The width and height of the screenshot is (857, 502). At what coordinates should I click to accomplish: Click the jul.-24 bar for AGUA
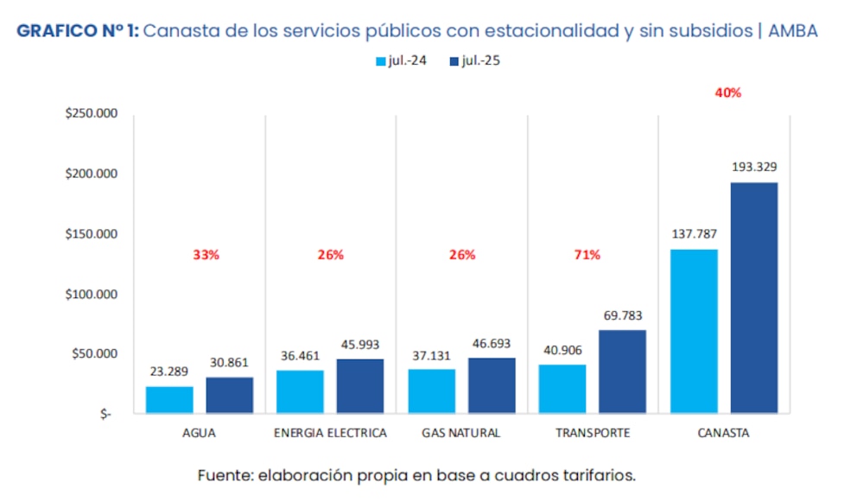point(169,399)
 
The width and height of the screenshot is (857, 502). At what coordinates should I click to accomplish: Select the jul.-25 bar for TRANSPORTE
point(622,372)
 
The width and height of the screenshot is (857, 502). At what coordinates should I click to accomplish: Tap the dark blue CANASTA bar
point(753,297)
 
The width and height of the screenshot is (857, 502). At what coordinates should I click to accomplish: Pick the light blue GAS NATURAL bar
point(431,391)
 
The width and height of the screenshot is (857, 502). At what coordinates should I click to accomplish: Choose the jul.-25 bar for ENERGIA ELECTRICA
point(360,385)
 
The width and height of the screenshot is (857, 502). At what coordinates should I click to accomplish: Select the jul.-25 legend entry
point(474,61)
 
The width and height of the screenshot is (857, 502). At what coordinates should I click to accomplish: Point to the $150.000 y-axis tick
point(92,234)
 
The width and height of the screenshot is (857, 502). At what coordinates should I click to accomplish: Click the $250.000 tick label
point(92,114)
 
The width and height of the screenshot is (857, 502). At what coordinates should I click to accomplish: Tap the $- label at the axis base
point(105,414)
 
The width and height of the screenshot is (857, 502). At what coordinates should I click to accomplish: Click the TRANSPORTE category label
point(592,433)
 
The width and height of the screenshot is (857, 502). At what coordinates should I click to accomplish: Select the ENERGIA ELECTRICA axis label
point(330,433)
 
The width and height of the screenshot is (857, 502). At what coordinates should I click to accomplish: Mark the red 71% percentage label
point(587,255)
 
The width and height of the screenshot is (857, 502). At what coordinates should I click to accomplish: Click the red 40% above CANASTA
point(727,92)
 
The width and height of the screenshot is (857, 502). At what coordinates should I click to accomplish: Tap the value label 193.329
point(754,167)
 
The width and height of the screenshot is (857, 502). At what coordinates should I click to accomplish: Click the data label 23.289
point(168,372)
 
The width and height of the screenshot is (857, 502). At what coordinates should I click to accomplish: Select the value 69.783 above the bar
point(621,315)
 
